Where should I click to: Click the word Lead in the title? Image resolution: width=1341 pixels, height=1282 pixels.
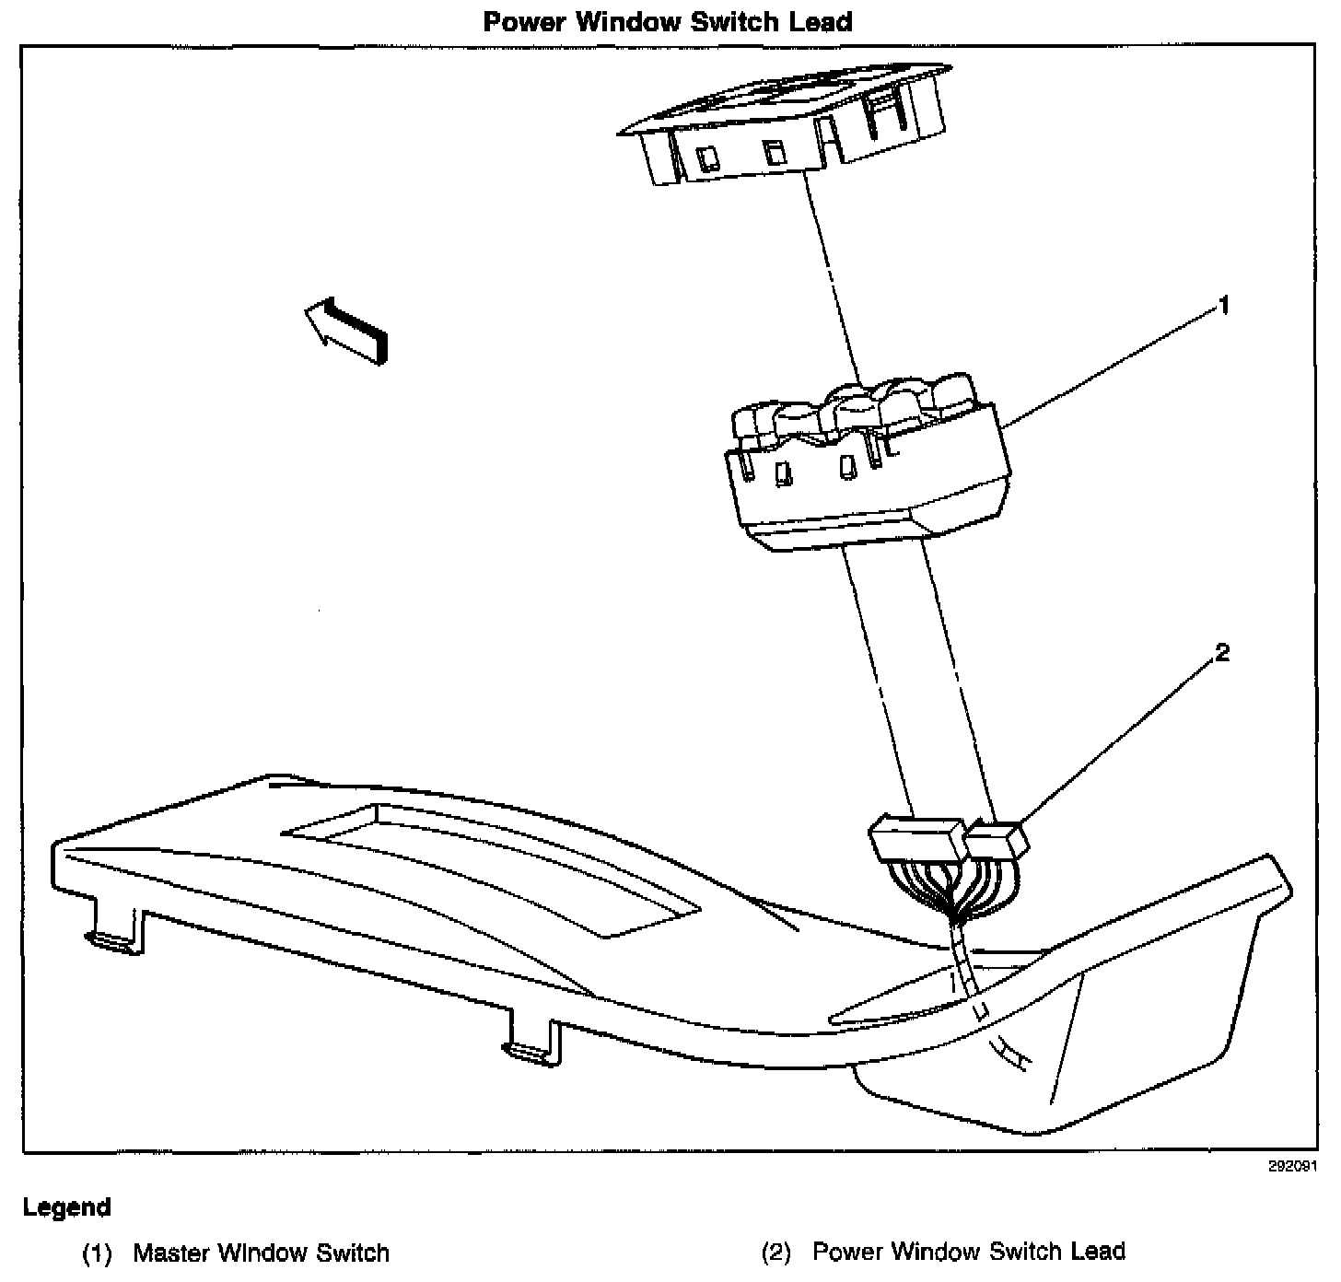(819, 21)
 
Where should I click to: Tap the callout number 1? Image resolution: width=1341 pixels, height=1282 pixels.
(1223, 306)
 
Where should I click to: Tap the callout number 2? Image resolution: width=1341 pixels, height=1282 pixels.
(1222, 654)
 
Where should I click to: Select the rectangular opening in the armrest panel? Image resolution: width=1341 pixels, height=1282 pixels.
(497, 870)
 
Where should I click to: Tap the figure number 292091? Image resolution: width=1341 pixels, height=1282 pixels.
(1300, 1165)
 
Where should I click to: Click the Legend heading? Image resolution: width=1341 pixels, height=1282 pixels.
(67, 1207)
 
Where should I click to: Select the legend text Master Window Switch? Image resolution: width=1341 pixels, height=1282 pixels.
(262, 1253)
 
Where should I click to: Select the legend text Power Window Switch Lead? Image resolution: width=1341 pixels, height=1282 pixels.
(969, 1252)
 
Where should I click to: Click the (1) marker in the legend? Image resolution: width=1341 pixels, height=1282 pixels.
(97, 1253)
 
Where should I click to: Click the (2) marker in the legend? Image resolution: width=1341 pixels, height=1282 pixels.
(775, 1253)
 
